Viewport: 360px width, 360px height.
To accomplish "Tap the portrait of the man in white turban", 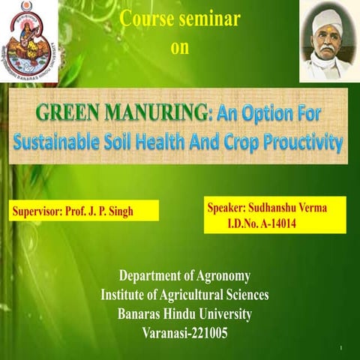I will pos(327,41).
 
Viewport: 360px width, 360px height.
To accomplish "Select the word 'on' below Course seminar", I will pos(181,48).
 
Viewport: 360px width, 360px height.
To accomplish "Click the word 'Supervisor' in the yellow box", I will pos(40,211).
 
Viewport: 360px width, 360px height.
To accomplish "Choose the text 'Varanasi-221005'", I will pos(184,332).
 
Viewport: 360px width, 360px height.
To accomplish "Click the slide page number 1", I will pos(340,349).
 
